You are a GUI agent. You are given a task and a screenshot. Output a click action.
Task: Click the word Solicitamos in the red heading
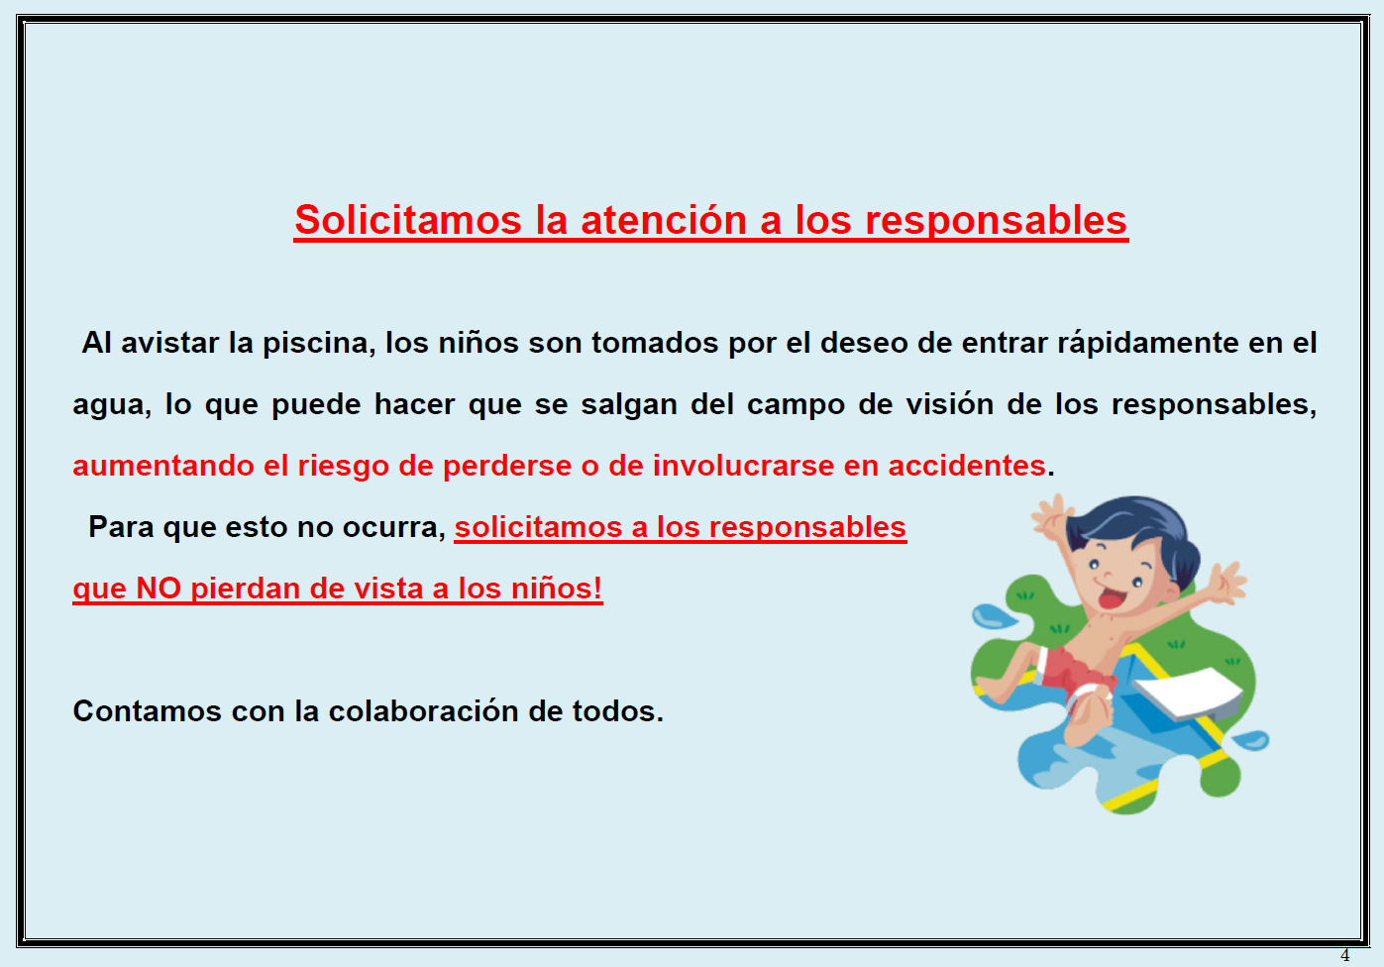click(408, 219)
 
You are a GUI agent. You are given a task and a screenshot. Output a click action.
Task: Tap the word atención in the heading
click(664, 219)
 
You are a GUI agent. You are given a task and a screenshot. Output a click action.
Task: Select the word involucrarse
click(743, 466)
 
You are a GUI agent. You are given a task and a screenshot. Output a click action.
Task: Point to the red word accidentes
click(967, 466)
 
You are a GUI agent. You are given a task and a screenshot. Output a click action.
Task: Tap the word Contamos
click(147, 711)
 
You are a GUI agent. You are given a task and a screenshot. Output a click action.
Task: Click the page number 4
click(1345, 955)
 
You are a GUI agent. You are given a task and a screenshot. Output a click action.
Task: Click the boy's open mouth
click(1113, 598)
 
